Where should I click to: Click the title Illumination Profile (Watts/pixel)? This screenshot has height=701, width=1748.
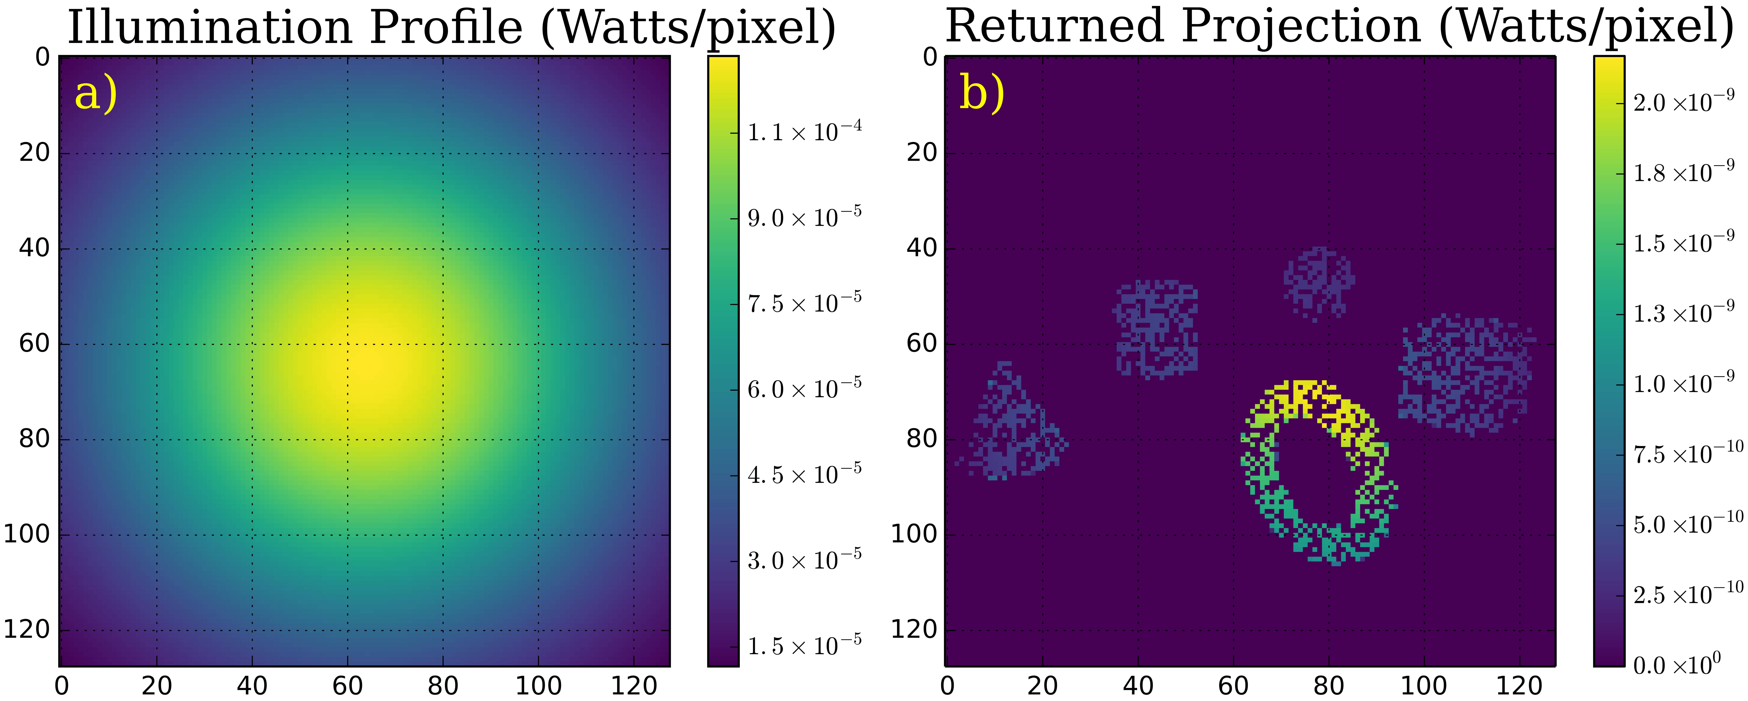pyautogui.click(x=451, y=27)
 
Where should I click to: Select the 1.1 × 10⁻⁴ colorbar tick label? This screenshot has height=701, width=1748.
pyautogui.click(x=804, y=131)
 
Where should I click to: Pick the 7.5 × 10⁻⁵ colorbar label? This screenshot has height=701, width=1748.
pyautogui.click(x=804, y=303)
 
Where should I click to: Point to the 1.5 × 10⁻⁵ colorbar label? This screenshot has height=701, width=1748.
pyautogui.click(x=804, y=645)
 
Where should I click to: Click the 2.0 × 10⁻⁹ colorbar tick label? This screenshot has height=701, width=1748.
pyautogui.click(x=1683, y=102)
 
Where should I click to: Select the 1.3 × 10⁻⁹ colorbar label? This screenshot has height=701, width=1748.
pyautogui.click(x=1683, y=313)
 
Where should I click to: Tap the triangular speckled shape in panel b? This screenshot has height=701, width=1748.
pyautogui.click(x=1011, y=434)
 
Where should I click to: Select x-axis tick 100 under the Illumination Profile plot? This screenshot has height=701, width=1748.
pyautogui.click(x=538, y=685)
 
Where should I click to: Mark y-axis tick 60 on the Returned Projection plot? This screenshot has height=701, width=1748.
pyautogui.click(x=921, y=343)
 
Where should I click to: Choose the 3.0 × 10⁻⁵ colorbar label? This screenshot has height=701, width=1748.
pyautogui.click(x=804, y=560)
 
